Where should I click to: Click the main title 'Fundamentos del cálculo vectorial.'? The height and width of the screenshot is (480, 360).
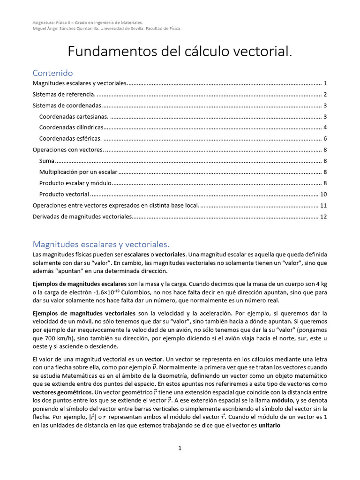coord(180,52)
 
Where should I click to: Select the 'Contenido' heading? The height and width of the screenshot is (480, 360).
coord(53,73)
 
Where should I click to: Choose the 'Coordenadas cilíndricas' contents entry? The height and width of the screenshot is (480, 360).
coord(71,127)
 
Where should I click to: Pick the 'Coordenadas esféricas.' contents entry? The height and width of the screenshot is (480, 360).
coord(70,138)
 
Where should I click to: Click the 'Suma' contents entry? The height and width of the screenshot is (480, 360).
coord(47,161)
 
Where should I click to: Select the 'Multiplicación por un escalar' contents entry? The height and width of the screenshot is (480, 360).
coord(78,172)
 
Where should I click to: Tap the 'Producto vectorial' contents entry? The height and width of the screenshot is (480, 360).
coord(64,194)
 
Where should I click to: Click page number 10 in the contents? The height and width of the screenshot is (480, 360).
coord(323,194)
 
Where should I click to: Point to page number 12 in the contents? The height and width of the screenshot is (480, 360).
coord(323,217)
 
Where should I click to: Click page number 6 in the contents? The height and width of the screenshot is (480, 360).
coord(325,138)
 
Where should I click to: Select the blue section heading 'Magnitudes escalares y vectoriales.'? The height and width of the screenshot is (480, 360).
coord(101,244)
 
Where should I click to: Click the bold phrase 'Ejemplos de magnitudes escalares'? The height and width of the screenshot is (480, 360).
coord(80,284)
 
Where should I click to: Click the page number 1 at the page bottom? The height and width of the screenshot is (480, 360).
coord(180,449)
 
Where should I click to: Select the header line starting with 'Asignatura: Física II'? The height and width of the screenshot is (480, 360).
coord(88,22)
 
